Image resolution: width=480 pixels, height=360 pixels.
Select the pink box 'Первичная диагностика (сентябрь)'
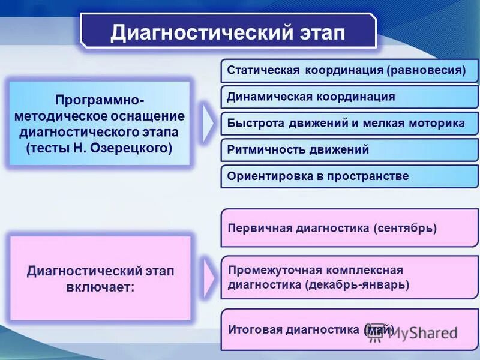[349, 228]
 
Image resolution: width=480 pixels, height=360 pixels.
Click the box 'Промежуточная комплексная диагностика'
[349, 277]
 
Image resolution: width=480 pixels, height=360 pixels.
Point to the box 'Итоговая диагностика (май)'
[349, 329]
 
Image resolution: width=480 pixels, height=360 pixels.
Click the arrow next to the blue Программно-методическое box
[208, 124]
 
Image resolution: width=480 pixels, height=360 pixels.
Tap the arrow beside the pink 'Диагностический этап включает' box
[208, 278]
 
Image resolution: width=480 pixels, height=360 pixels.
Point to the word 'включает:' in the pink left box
[100, 287]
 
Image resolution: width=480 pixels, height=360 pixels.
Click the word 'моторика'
[439, 123]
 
